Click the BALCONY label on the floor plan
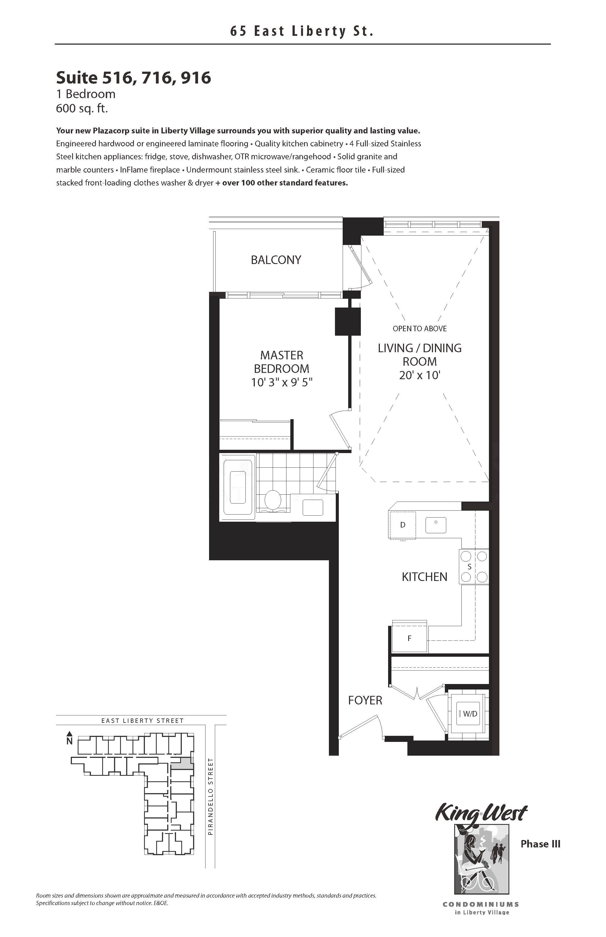(x=276, y=260)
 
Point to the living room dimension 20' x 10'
(x=420, y=375)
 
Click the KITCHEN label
(x=424, y=577)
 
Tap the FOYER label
(x=365, y=700)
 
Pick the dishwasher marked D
(x=402, y=525)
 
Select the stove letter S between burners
(x=469, y=567)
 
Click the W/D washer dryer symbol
(x=468, y=713)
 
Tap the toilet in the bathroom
(x=273, y=500)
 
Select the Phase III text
(x=540, y=844)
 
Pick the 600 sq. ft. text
(x=82, y=108)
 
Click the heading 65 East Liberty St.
(x=302, y=31)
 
